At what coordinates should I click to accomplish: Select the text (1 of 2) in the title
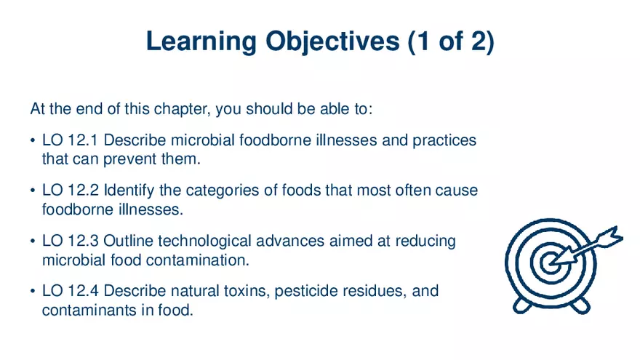pyautogui.click(x=450, y=41)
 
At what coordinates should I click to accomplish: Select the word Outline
pyautogui.click(x=128, y=241)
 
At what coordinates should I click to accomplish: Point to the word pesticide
pyautogui.click(x=284, y=292)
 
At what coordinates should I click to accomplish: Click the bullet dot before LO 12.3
pyautogui.click(x=33, y=241)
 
